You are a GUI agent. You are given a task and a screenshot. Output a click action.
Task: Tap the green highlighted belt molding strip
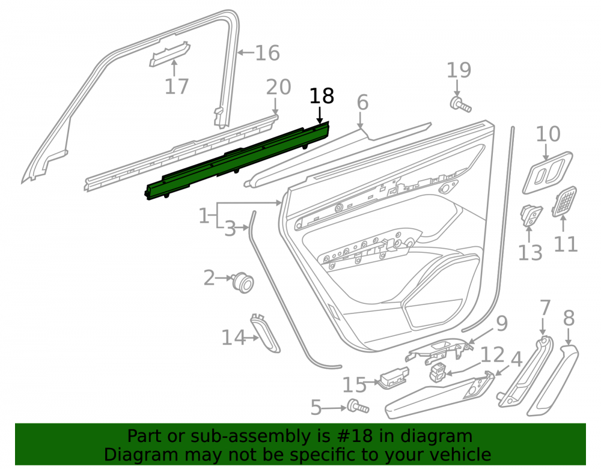pyautogui.click(x=237, y=161)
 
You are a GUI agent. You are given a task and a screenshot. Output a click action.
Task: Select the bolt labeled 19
pyautogui.click(x=460, y=104)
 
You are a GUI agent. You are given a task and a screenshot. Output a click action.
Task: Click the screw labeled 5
pyautogui.click(x=358, y=406)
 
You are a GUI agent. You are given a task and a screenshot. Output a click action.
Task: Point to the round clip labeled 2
pyautogui.click(x=243, y=283)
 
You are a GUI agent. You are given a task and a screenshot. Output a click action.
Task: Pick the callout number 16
pyautogui.click(x=267, y=53)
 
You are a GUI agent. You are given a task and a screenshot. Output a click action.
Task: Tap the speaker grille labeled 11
pyautogui.click(x=564, y=202)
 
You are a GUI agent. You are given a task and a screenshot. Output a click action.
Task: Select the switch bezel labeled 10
pyautogui.click(x=548, y=173)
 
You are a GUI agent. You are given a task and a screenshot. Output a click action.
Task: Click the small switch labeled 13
pyautogui.click(x=531, y=216)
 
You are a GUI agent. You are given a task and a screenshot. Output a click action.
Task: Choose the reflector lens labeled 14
pyautogui.click(x=265, y=333)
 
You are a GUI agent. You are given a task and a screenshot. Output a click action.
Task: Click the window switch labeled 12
pyautogui.click(x=438, y=372)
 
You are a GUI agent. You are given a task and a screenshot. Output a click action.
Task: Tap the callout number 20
pyautogui.click(x=279, y=87)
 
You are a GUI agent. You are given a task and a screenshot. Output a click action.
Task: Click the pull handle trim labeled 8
pyautogui.click(x=553, y=380)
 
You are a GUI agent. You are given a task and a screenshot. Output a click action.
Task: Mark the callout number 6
pyautogui.click(x=362, y=103)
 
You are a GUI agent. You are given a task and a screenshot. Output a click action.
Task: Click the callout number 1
pyautogui.click(x=204, y=216)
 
